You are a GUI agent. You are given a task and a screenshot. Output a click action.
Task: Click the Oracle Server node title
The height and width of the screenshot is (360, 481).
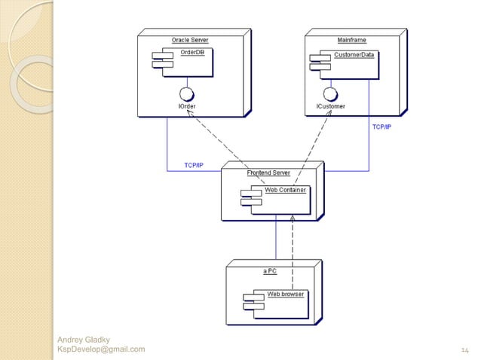pos(190,39)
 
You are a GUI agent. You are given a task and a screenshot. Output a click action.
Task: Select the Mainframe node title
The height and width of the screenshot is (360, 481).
pos(351,39)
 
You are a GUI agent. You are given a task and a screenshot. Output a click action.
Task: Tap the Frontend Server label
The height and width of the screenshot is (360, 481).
pos(268,173)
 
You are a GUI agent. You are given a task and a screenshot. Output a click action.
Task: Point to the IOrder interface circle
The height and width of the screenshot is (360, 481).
pos(184,95)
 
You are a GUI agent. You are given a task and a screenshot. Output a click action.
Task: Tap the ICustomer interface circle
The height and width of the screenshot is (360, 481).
pos(329,95)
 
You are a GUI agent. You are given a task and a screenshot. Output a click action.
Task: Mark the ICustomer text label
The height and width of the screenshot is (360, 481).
pos(330,108)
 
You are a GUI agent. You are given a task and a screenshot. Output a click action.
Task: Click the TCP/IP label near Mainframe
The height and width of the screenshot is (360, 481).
pos(381,127)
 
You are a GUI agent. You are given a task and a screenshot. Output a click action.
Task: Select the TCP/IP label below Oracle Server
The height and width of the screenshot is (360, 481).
pos(194,165)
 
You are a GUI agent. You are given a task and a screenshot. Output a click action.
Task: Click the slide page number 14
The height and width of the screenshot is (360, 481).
pos(464,349)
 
